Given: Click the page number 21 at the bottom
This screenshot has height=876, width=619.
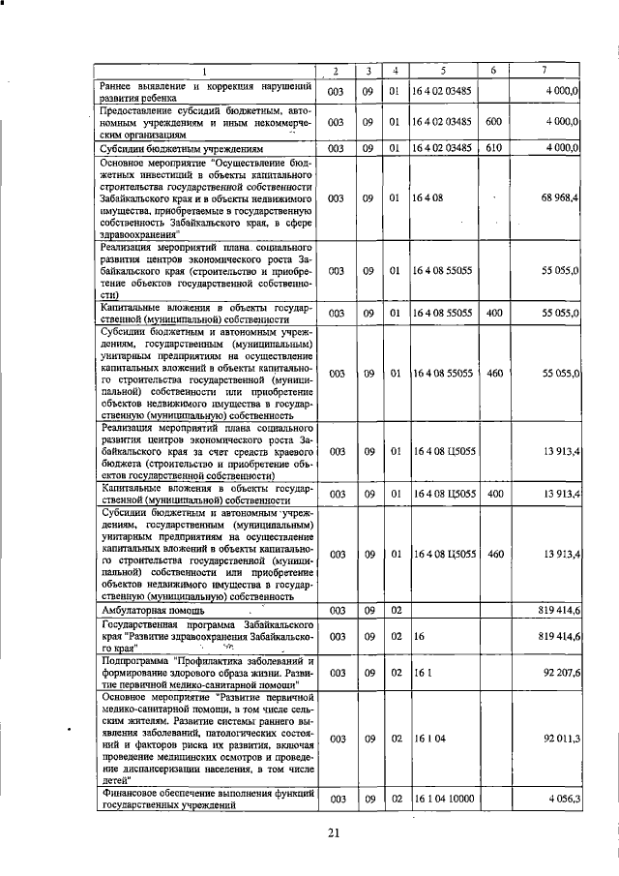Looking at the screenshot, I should click(x=335, y=833).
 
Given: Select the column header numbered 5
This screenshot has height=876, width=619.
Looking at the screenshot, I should click(x=443, y=71).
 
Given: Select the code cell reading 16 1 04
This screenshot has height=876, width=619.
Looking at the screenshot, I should click(x=432, y=738).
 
